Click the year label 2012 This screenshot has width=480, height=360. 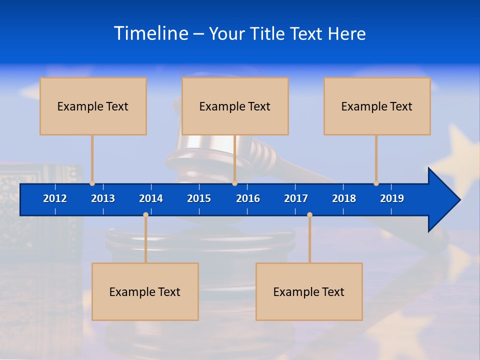tap(55, 198)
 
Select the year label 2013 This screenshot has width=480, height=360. tap(103, 198)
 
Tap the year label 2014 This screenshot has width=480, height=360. tap(151, 198)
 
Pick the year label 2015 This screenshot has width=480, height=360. tap(199, 198)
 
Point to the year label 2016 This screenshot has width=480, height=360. tap(248, 198)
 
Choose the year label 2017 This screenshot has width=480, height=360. tap(296, 198)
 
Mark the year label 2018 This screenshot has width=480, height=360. tap(344, 198)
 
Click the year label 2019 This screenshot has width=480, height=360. tap(392, 198)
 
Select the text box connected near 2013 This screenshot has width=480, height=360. tap(93, 106)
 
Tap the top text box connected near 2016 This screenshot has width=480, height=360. tap(235, 106)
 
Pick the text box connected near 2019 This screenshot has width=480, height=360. tap(377, 106)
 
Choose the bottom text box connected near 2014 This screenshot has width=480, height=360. tap(145, 291)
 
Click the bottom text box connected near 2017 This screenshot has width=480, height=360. tap(309, 291)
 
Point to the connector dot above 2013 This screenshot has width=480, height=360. tap(92, 183)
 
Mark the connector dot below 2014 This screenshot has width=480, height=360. tap(145, 215)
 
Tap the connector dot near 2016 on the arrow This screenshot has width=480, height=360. tap(234, 183)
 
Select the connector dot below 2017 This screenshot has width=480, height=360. tap(309, 215)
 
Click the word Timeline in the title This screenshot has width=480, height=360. tap(151, 33)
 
